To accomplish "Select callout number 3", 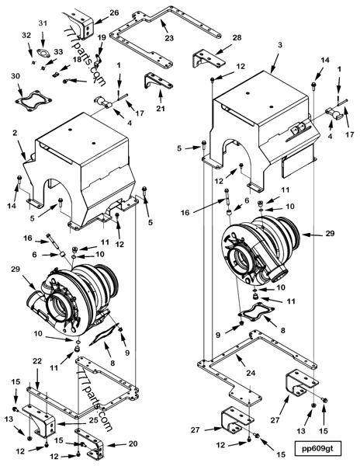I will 278,46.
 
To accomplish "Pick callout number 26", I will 114,13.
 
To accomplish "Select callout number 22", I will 36,362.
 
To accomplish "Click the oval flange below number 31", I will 43,53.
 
